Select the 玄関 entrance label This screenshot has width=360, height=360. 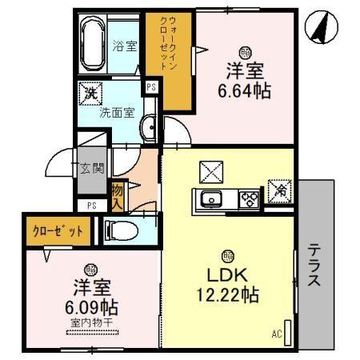click(92, 168)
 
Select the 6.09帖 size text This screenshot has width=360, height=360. click(90, 308)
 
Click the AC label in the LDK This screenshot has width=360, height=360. click(277, 333)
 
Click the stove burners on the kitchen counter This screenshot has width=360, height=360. click(248, 198)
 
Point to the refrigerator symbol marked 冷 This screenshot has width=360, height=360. click(279, 190)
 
